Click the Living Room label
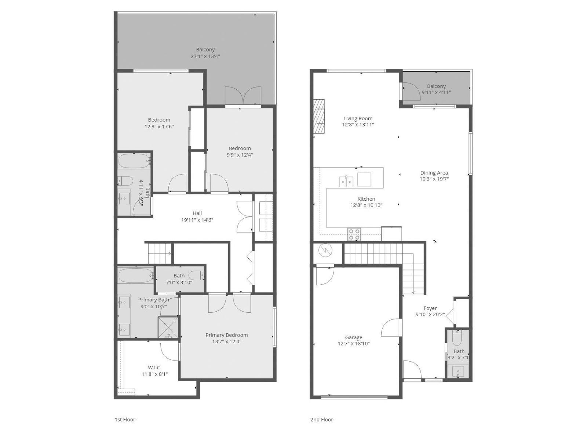(x=358, y=118)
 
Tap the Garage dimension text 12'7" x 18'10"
(x=354, y=344)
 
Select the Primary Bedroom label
(x=226, y=335)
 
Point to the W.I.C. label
(x=154, y=367)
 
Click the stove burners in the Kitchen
(x=354, y=234)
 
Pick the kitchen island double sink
(x=346, y=181)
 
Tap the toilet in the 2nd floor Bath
(x=457, y=338)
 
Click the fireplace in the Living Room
(x=319, y=116)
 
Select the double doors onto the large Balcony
(x=243, y=97)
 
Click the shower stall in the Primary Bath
(x=168, y=327)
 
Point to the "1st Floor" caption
(x=125, y=419)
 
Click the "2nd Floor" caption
(x=321, y=419)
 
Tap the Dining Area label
(x=434, y=173)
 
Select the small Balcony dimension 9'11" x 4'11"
(x=436, y=93)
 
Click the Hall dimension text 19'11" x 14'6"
(x=197, y=220)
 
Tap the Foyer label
(x=430, y=308)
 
